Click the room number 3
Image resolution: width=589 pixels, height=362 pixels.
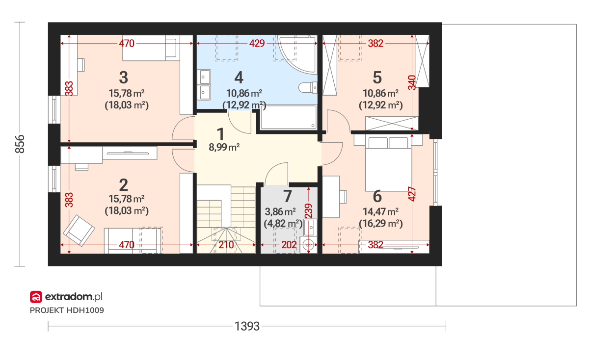click(x=124, y=78)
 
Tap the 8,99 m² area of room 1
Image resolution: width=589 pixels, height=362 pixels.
click(x=224, y=147)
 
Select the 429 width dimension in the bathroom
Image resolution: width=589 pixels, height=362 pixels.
click(x=257, y=43)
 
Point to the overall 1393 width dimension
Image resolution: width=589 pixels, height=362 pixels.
click(x=247, y=326)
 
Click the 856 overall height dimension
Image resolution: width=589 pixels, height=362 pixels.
click(x=20, y=144)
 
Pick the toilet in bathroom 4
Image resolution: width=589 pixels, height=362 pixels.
click(x=308, y=87)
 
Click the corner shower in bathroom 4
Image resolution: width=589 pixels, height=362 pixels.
click(x=297, y=54)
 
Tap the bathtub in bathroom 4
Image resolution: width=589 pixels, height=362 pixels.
click(x=289, y=117)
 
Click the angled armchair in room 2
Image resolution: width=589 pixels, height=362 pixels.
click(x=79, y=231)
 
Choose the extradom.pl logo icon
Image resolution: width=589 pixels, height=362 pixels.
click(x=36, y=297)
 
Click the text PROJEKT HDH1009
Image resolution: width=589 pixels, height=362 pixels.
click(x=67, y=310)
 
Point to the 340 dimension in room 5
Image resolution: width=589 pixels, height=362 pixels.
click(x=412, y=82)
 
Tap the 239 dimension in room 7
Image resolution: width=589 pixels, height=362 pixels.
click(x=308, y=211)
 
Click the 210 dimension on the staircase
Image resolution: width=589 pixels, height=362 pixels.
click(x=226, y=245)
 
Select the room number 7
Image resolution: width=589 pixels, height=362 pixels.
click(x=288, y=196)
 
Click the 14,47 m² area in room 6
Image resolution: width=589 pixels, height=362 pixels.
click(x=380, y=212)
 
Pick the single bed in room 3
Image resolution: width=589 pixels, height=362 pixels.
click(x=150, y=48)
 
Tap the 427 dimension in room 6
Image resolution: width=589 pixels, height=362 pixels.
click(x=412, y=194)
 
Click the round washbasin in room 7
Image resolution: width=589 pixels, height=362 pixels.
click(x=308, y=245)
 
